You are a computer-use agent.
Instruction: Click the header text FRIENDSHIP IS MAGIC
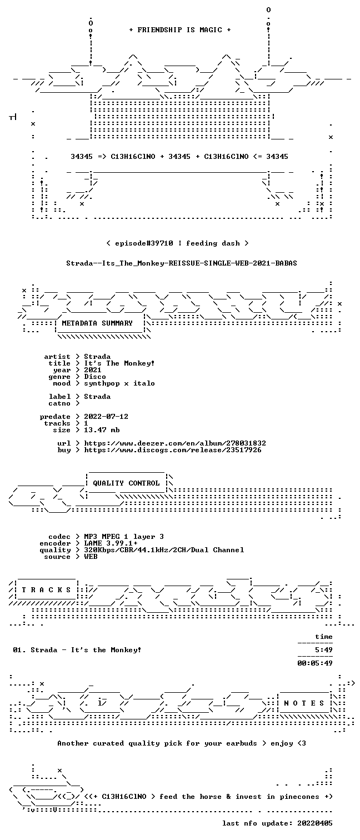click(179, 30)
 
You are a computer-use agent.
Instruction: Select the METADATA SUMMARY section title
click(97, 323)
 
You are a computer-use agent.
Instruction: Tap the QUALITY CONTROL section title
click(126, 483)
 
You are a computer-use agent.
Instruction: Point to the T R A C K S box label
click(46, 590)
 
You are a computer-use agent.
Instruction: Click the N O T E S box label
click(304, 703)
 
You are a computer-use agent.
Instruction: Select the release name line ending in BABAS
click(182, 263)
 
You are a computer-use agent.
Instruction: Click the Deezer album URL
click(175, 443)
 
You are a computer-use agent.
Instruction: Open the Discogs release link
click(172, 450)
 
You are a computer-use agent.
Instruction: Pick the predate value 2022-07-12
click(106, 417)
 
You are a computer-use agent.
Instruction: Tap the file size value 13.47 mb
click(102, 430)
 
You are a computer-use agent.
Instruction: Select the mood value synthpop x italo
click(119, 384)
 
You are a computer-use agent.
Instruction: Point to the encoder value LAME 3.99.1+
click(111, 543)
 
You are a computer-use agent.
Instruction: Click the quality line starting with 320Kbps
click(164, 550)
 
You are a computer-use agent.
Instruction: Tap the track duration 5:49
click(324, 650)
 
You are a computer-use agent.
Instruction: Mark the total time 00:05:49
click(315, 663)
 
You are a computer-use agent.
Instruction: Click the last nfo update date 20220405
click(315, 823)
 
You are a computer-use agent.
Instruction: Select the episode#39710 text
click(144, 243)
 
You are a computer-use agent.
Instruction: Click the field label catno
click(59, 403)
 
